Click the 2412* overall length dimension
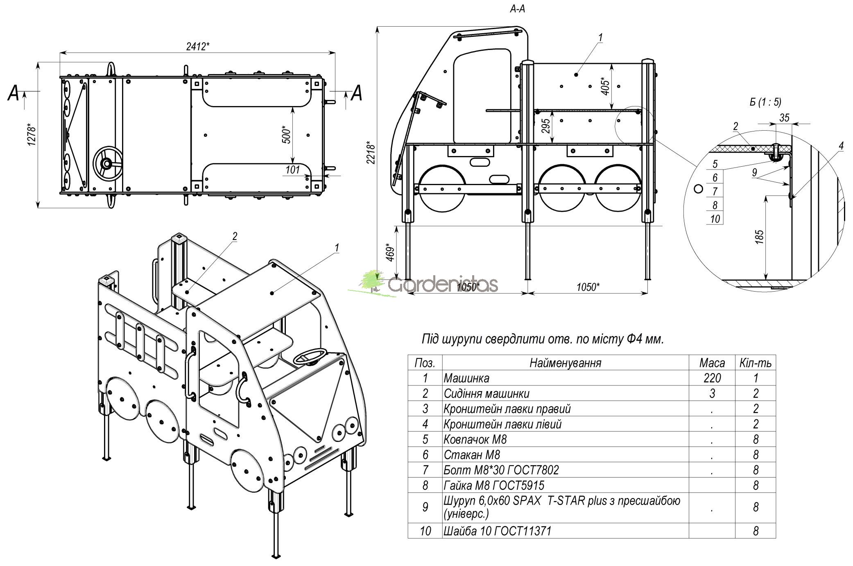[x=198, y=46]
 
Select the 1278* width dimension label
[x=32, y=134]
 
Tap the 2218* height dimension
[x=371, y=152]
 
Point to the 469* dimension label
[x=391, y=253]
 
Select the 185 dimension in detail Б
[x=759, y=237]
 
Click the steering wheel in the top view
[x=107, y=164]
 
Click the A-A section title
[x=517, y=9]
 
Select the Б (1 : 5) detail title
[x=765, y=102]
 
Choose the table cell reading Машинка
[x=466, y=378]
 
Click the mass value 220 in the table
[x=712, y=378]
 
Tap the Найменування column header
[x=566, y=363]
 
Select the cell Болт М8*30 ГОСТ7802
[x=501, y=470]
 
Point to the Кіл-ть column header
[x=756, y=363]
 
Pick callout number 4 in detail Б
[x=841, y=146]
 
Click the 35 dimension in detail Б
[x=784, y=118]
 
